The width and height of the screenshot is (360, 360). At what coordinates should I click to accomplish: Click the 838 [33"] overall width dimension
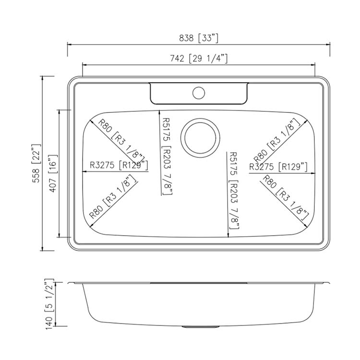coord(199,38)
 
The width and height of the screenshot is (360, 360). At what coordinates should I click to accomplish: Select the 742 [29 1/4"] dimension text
coord(199,59)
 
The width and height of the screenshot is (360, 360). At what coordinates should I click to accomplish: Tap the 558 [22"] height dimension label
coord(36,163)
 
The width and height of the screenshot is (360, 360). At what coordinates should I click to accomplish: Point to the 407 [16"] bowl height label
coord(53,173)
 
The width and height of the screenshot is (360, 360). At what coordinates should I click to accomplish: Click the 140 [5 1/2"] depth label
coord(50,304)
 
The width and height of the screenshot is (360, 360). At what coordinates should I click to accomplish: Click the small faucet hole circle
coord(199,93)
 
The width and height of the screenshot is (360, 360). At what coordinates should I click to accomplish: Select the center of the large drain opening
coord(200,138)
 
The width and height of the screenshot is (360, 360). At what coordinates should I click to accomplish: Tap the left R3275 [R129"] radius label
coord(119,165)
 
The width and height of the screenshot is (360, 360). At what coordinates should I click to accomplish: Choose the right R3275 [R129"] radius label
coord(278,167)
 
